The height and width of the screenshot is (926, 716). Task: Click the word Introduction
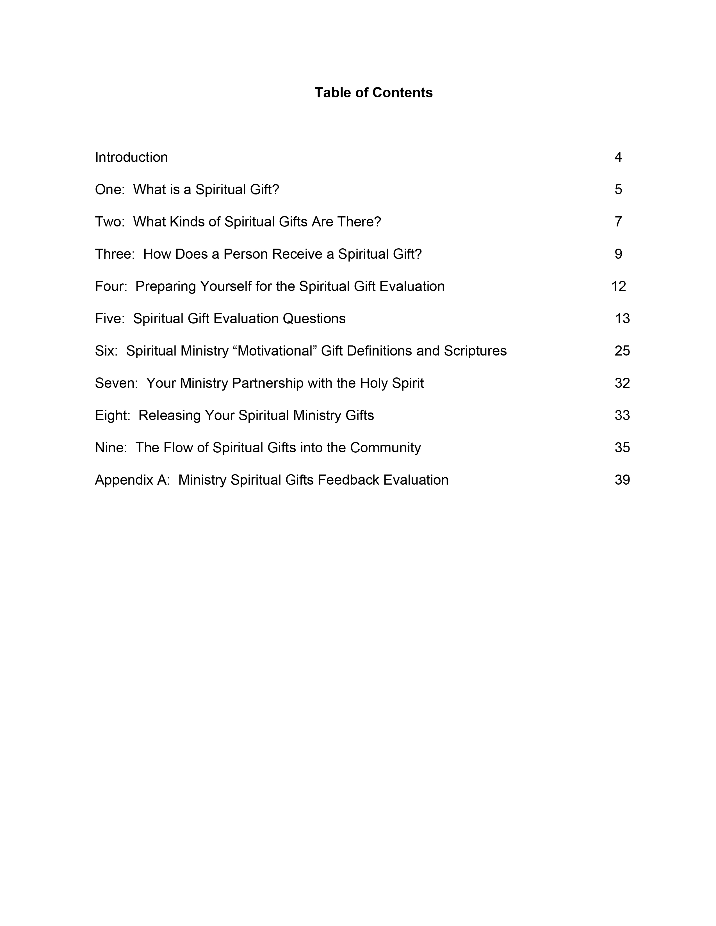pyautogui.click(x=131, y=157)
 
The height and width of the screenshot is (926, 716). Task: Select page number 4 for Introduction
pyautogui.click(x=618, y=157)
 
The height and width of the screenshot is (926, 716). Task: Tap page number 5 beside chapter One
pyautogui.click(x=618, y=189)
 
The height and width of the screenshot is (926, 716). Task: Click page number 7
pyautogui.click(x=618, y=222)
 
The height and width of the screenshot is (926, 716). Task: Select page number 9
pyautogui.click(x=618, y=254)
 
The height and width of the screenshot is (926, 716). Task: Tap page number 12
pyautogui.click(x=619, y=286)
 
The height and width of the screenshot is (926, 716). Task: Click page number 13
pyautogui.click(x=622, y=318)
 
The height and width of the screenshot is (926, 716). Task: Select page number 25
pyautogui.click(x=622, y=351)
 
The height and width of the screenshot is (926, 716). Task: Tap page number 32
pyautogui.click(x=622, y=383)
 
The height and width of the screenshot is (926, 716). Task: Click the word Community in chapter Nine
pyautogui.click(x=385, y=448)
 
